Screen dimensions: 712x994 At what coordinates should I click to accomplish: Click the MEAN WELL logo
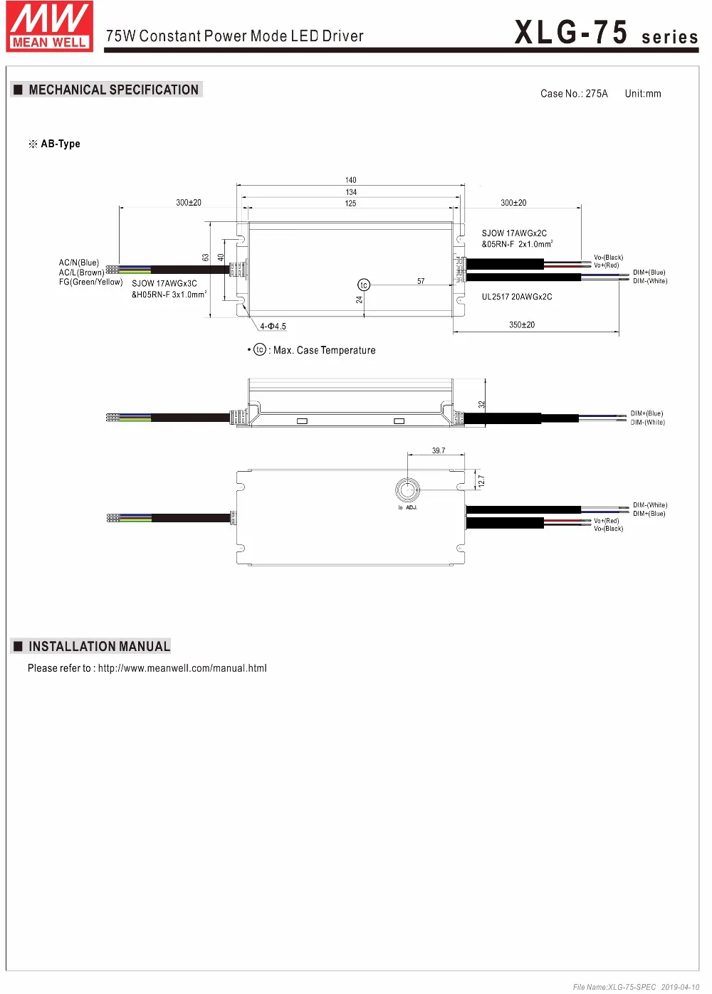[x=50, y=26]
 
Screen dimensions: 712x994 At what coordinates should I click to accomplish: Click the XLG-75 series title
[x=607, y=33]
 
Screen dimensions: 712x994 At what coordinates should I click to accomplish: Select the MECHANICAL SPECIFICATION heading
[x=113, y=90]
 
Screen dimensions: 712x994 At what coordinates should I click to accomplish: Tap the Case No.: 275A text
[x=574, y=94]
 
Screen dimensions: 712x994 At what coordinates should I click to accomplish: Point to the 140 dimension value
[x=351, y=180]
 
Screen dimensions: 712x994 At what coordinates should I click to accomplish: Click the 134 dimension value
[x=351, y=192]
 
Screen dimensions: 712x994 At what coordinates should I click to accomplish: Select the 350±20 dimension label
[x=522, y=325]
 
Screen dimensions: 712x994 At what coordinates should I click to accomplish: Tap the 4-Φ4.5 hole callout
[x=273, y=327]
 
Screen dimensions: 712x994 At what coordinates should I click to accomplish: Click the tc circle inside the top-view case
[x=364, y=285]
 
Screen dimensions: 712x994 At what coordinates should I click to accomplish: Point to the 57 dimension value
[x=421, y=281]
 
